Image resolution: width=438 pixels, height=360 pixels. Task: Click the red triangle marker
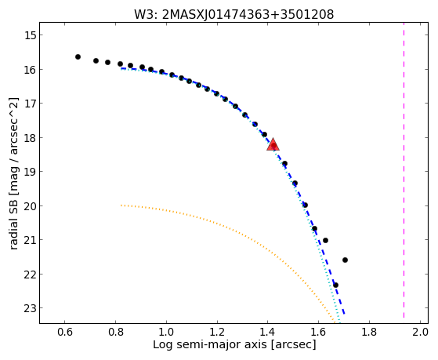[273, 144]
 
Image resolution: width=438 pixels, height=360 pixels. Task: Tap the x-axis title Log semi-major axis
[234, 344]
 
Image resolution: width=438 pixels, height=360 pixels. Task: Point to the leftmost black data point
[78, 56]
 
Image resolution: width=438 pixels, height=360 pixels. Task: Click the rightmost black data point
[345, 260]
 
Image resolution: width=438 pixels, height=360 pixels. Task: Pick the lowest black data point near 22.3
[336, 285]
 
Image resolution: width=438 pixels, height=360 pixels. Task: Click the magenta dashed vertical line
[404, 170]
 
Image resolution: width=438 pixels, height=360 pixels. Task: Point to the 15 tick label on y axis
[30, 35]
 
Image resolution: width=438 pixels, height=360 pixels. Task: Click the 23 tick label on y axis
[30, 308]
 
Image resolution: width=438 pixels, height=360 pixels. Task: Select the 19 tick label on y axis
[30, 172]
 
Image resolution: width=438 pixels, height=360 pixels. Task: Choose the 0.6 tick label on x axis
[65, 332]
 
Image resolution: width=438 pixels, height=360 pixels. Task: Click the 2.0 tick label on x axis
[420, 332]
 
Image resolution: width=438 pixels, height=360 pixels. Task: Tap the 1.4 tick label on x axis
[268, 332]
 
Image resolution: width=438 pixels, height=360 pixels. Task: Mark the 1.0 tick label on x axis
[166, 332]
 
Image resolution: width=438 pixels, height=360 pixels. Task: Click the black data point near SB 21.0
[325, 240]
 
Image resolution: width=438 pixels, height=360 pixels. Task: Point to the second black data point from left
[96, 60]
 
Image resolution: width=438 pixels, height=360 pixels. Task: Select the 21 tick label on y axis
[30, 240]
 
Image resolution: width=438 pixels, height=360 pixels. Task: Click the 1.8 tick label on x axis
[369, 332]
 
